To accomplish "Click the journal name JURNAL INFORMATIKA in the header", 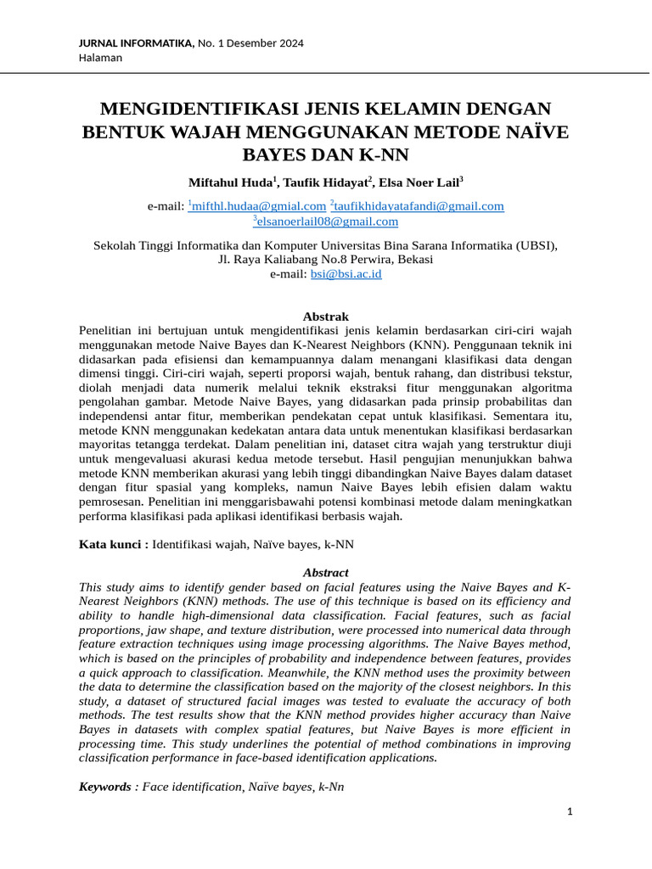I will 135,43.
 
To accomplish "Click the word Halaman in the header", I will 100,58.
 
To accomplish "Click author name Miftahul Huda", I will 230,182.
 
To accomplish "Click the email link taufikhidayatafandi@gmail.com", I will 419,206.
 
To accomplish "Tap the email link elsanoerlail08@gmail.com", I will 328,222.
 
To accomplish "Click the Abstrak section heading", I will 325,317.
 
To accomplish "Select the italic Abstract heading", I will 325,573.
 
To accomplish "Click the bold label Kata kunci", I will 111,543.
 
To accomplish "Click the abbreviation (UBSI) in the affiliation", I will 537,245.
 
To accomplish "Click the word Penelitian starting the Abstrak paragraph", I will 108,330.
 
